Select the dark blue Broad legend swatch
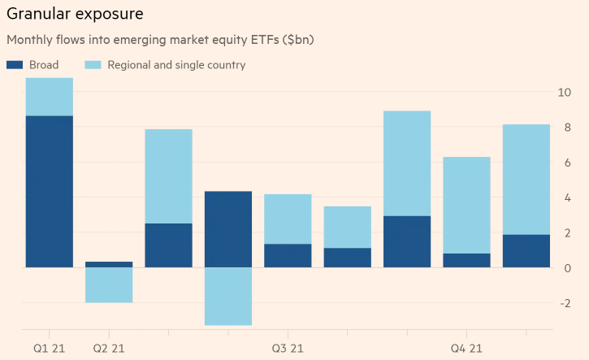click(x=16, y=64)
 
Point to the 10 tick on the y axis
click(x=565, y=92)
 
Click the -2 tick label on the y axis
click(x=565, y=303)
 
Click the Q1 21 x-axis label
click(x=49, y=349)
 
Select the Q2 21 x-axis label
click(x=108, y=349)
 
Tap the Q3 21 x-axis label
click(x=288, y=349)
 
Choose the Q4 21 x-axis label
click(x=466, y=349)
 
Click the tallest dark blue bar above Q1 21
click(x=50, y=191)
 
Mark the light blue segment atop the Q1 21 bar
click(x=50, y=97)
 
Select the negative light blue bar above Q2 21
click(x=109, y=284)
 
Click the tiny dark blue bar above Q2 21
click(x=109, y=264)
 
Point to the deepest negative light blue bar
click(x=228, y=296)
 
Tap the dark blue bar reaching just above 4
click(x=228, y=229)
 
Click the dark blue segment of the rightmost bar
click(x=526, y=250)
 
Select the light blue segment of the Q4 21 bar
click(x=466, y=205)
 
